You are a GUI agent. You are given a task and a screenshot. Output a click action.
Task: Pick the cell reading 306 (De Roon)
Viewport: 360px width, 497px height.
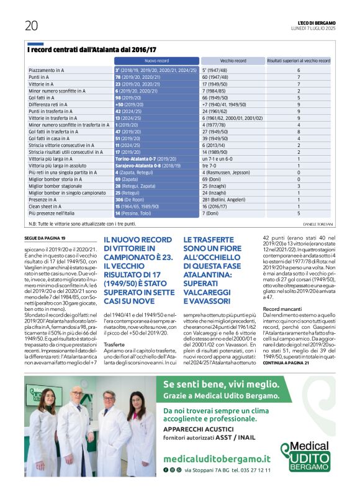tap(132, 200)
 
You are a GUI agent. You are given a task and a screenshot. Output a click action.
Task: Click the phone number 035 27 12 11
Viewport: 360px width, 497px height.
tap(255, 470)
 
